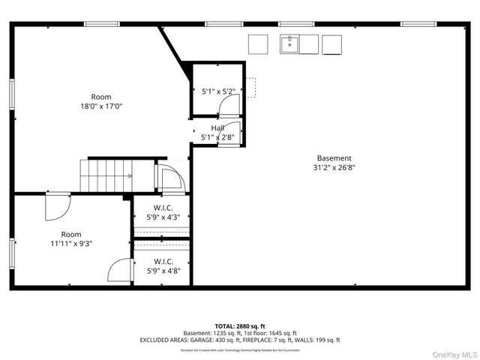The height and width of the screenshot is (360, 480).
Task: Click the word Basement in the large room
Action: [x=334, y=158]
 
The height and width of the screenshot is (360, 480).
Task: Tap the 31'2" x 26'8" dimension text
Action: [x=334, y=168]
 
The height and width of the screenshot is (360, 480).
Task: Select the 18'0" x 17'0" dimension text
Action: [x=101, y=106]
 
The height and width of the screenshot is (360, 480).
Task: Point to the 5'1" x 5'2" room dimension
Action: [x=219, y=91]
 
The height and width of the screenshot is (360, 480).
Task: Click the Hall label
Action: [x=217, y=128]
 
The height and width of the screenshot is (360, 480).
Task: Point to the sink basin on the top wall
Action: [x=289, y=44]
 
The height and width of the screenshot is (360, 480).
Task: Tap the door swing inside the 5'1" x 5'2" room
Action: [x=228, y=106]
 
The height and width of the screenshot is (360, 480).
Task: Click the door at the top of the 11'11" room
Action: [x=57, y=206]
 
